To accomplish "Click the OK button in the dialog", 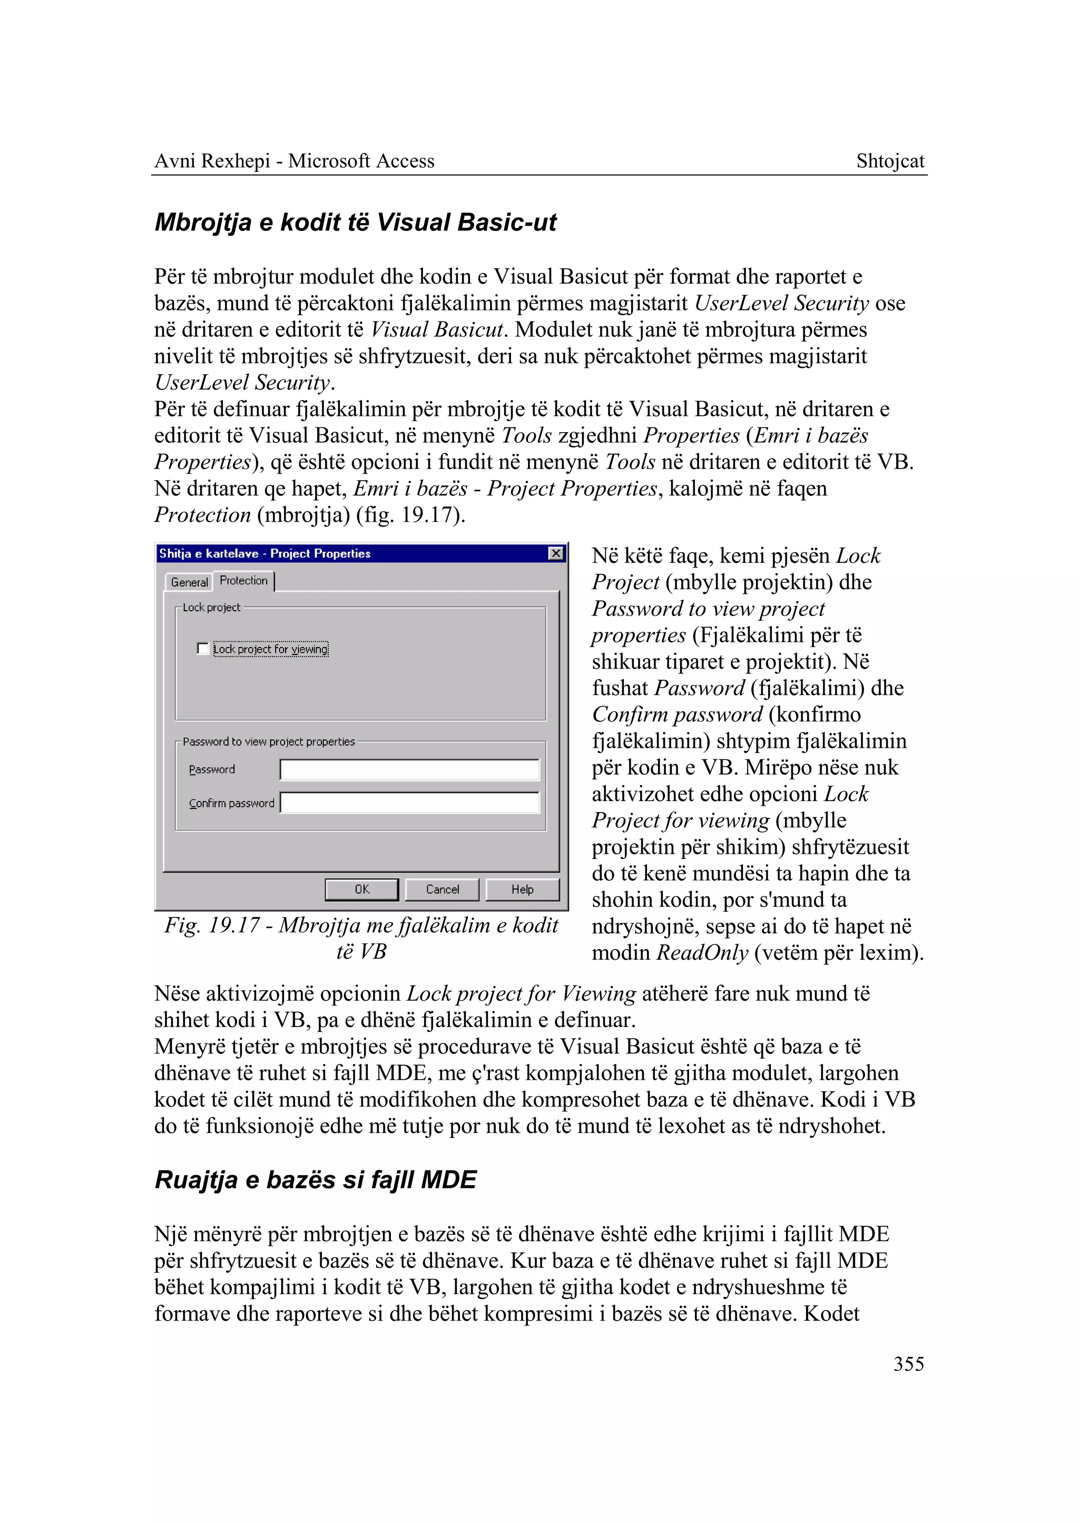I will tap(361, 890).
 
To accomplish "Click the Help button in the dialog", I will tap(522, 890).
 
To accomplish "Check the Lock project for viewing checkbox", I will tap(203, 649).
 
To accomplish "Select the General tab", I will tap(189, 582).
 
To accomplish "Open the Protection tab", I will tap(244, 580).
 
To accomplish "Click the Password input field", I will tap(409, 770).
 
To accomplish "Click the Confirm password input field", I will tap(409, 803).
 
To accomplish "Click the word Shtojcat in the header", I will tap(890, 161).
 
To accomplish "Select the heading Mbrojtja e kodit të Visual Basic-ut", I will tap(356, 222).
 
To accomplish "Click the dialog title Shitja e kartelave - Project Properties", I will tap(264, 553).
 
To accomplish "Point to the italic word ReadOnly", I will tap(702, 952).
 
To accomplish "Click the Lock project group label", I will tap(211, 608).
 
